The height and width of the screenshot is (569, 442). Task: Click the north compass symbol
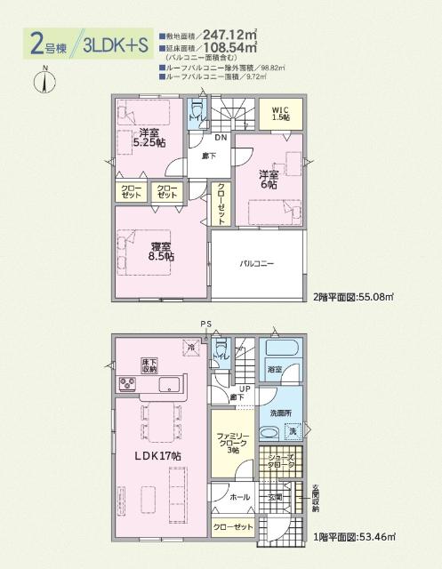coord(43,81)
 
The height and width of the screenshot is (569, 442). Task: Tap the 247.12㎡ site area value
coord(236,36)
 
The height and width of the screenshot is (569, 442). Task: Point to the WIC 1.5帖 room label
coord(281,114)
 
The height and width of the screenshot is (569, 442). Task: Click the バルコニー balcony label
coord(256,264)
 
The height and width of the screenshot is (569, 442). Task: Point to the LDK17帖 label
coord(157,455)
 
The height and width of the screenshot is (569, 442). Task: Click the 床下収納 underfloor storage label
coord(149,365)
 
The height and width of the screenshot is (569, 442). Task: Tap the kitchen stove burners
coord(125,385)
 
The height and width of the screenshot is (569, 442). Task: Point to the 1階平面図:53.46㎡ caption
coord(352,537)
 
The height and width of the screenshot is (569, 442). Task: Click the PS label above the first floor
coord(205,324)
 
